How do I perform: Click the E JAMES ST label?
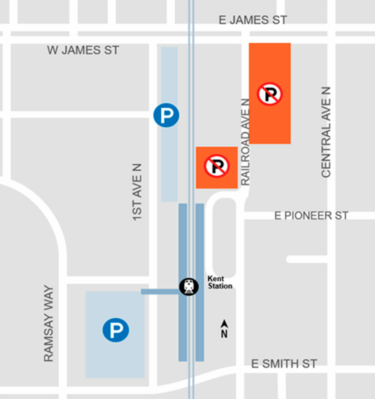coord(252,20)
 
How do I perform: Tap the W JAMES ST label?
coord(83,50)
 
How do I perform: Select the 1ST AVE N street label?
coord(137,192)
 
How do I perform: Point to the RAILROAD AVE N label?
coord(246,142)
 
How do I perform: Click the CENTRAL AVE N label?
coord(326,132)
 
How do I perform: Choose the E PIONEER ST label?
coord(311,215)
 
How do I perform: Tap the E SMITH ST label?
coord(284,364)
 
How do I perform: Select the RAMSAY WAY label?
coord(49,323)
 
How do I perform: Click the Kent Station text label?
coord(220,282)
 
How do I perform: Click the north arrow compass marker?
coord(224,329)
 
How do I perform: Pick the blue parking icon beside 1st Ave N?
coord(166,115)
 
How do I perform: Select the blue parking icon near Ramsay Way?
coord(116,330)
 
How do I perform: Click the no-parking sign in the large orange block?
coord(270,94)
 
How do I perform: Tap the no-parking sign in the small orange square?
coord(217,166)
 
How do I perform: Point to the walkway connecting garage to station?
coord(159,291)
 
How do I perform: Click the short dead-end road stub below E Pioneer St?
coord(306,259)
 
